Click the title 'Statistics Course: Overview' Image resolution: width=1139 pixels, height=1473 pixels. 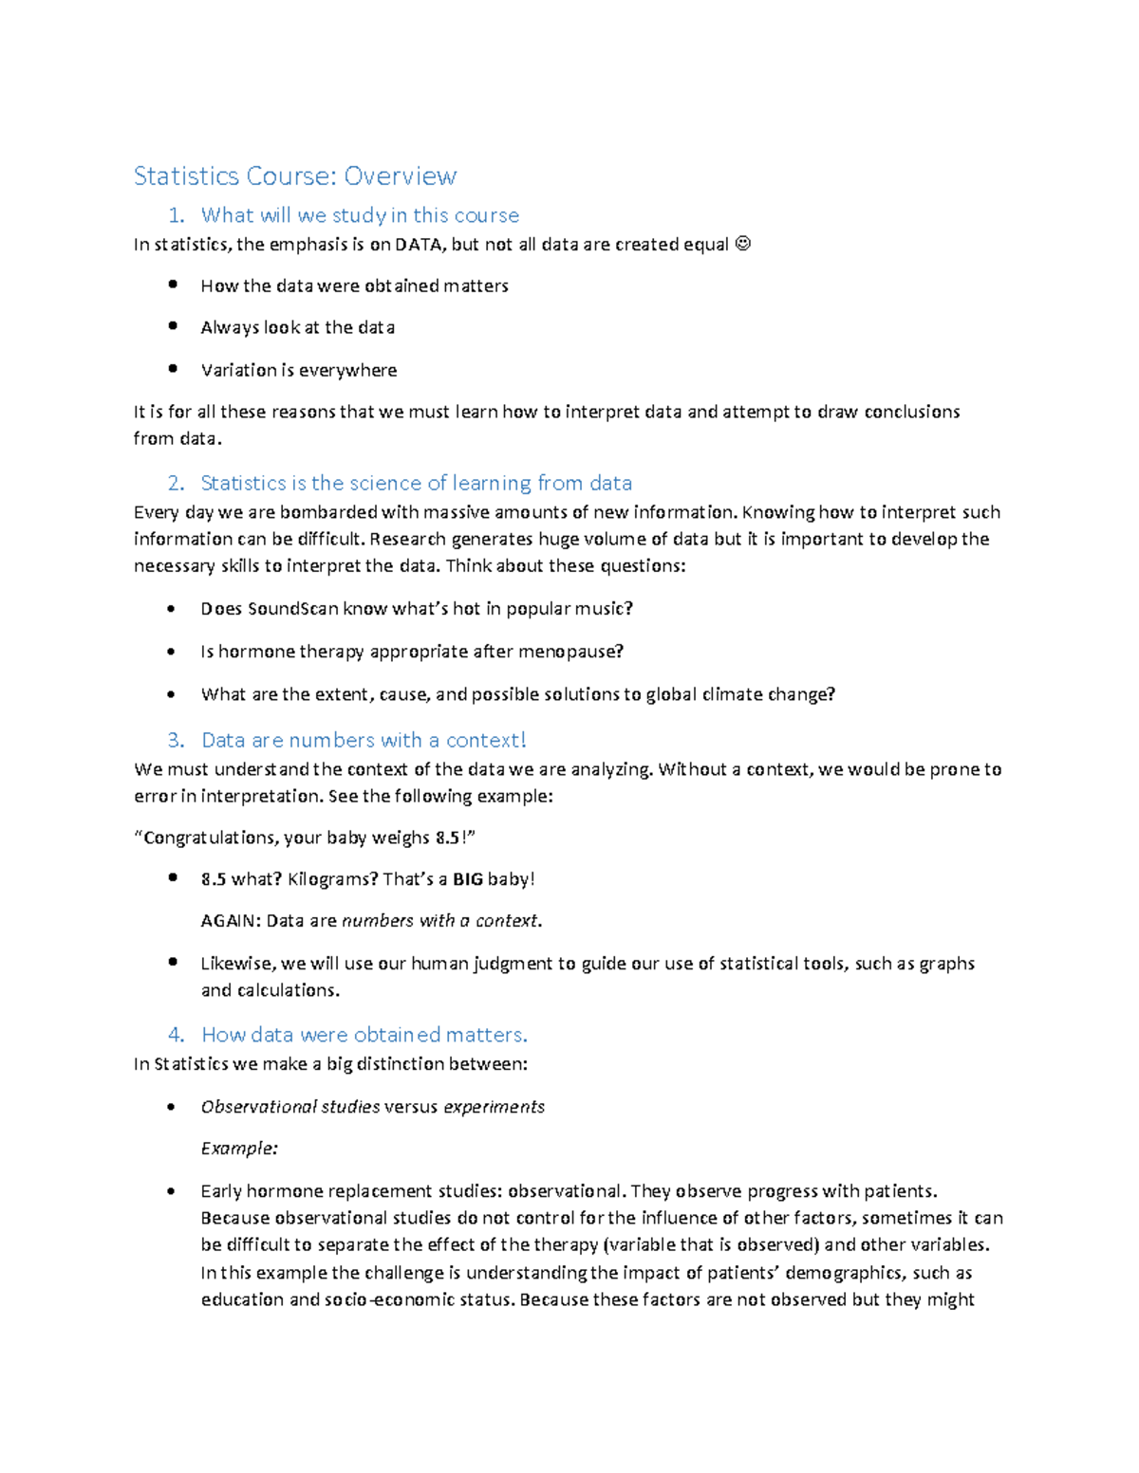pyautogui.click(x=295, y=176)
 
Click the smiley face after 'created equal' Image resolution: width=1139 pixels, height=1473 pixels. pyautogui.click(x=743, y=245)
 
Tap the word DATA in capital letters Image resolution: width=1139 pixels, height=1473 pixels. pyautogui.click(x=419, y=245)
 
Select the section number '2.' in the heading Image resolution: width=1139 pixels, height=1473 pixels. pyautogui.click(x=176, y=483)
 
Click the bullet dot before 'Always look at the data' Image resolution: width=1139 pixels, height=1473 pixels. pyautogui.click(x=173, y=325)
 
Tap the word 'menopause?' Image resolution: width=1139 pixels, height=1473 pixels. pyautogui.click(x=578, y=652)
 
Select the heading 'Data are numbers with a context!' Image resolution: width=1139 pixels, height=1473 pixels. pyautogui.click(x=364, y=740)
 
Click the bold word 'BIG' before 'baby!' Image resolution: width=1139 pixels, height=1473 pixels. pyautogui.click(x=468, y=879)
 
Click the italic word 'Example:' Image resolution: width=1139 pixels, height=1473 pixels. pyautogui.click(x=239, y=1149)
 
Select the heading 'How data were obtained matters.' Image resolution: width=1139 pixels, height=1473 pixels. pyautogui.click(x=364, y=1035)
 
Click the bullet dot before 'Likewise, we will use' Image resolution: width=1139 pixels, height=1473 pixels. pyautogui.click(x=173, y=962)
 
